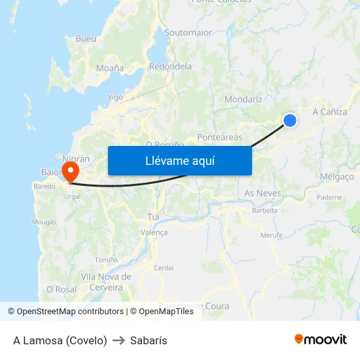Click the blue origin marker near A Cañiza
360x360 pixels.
(290, 120)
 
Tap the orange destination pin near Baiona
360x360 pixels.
(69, 172)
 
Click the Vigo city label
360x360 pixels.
(115, 97)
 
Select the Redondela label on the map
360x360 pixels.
(170, 66)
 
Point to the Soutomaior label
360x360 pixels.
(188, 32)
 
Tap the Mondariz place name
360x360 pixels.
(243, 99)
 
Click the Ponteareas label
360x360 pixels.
(220, 137)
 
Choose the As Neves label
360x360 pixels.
(262, 193)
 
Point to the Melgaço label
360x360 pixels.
(338, 177)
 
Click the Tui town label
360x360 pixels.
(154, 216)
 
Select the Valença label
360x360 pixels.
(154, 232)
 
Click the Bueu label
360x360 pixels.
(86, 39)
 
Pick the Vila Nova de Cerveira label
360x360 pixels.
(106, 282)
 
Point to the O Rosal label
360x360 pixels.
(62, 289)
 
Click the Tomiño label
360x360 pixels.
(107, 260)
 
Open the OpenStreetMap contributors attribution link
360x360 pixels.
(70, 312)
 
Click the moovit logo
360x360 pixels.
(321, 340)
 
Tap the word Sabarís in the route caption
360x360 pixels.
(149, 340)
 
